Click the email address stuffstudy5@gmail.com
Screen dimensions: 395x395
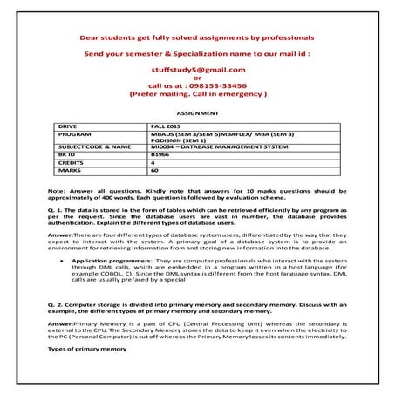pos(197,68)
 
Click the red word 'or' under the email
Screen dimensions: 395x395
pos(197,77)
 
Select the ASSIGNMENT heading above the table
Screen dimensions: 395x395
pos(197,113)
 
